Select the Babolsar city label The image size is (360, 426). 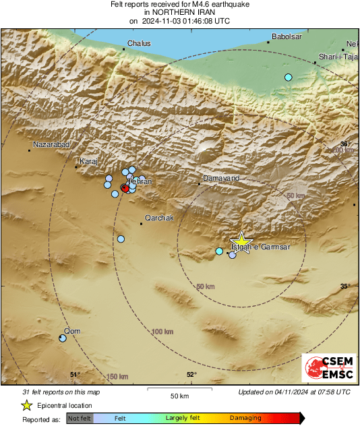coord(285,36)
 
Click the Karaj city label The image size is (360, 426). coord(88,162)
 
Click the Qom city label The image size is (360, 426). coord(71,331)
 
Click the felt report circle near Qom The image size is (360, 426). coord(63,338)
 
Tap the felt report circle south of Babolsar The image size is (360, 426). coord(289,78)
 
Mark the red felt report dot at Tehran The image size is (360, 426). coord(125,189)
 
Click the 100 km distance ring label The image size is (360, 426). coord(162,332)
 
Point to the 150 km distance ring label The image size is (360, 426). coord(118,376)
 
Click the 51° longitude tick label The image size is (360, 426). coord(75,375)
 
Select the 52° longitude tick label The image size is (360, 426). coord(191,375)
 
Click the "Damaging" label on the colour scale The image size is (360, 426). coord(245,418)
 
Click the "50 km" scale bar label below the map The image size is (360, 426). coord(179,395)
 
